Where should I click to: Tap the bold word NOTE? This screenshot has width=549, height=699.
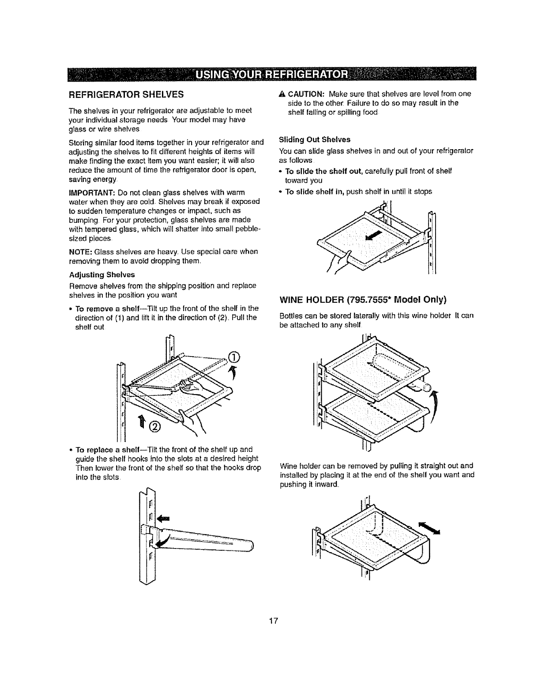coord(79,252)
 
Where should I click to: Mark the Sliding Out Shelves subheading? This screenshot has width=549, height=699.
coord(315,139)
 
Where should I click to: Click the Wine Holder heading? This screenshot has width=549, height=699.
coord(363,300)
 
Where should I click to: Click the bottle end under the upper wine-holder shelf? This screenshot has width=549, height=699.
coord(426,387)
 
